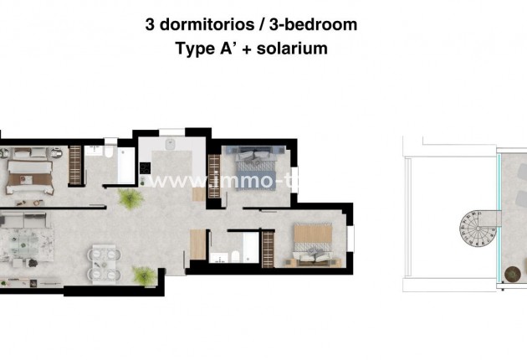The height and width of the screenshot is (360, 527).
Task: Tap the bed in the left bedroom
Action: tap(30, 174)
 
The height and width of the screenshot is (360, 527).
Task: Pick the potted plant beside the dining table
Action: tap(144, 275)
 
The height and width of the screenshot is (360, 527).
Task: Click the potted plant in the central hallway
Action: tap(130, 199)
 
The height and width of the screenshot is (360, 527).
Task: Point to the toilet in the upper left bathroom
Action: tap(109, 153)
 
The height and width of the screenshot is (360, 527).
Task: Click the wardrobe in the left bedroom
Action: tap(75, 165)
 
